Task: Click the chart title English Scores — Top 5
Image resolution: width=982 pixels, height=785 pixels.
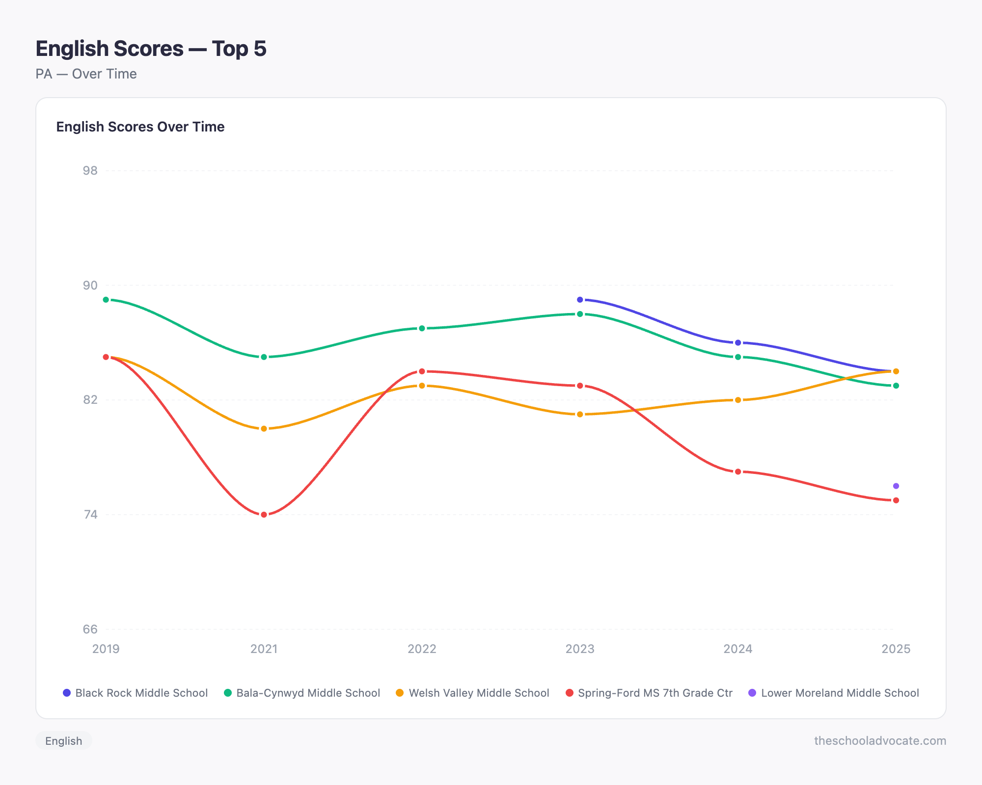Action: [x=151, y=49]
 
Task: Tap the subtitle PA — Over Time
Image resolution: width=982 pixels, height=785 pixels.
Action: [x=86, y=74]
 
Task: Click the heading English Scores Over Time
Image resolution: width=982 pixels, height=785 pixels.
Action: [x=140, y=127]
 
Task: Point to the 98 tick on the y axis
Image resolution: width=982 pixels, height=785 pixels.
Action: [x=90, y=171]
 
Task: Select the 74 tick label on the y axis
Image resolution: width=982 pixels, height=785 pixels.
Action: [x=90, y=515]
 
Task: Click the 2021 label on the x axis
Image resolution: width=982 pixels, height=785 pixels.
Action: [x=264, y=649]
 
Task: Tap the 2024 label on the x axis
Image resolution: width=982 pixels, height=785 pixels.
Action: [x=737, y=649]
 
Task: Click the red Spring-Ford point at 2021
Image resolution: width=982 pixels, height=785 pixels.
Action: [x=264, y=515]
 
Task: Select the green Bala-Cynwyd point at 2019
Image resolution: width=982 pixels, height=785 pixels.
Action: [x=106, y=300]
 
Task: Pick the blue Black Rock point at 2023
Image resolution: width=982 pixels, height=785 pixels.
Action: [x=580, y=300]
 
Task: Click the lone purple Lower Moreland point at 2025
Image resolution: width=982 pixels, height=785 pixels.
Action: [x=896, y=486]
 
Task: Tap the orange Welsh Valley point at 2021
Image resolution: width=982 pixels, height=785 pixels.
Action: [x=264, y=429]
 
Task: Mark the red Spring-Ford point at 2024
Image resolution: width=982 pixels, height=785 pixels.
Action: [x=737, y=471]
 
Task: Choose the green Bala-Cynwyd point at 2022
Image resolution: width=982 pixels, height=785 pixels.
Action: [x=422, y=328]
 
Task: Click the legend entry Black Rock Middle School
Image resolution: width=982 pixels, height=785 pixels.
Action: [x=136, y=693]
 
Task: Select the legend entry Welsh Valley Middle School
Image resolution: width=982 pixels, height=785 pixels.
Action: [x=472, y=693]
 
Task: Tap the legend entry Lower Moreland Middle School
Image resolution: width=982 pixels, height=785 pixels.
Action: [x=833, y=693]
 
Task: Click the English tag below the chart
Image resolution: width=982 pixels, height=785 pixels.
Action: [x=64, y=741]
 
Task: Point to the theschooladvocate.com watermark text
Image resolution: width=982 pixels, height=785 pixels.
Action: [x=880, y=741]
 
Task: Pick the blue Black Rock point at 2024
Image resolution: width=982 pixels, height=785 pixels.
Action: [x=737, y=342]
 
